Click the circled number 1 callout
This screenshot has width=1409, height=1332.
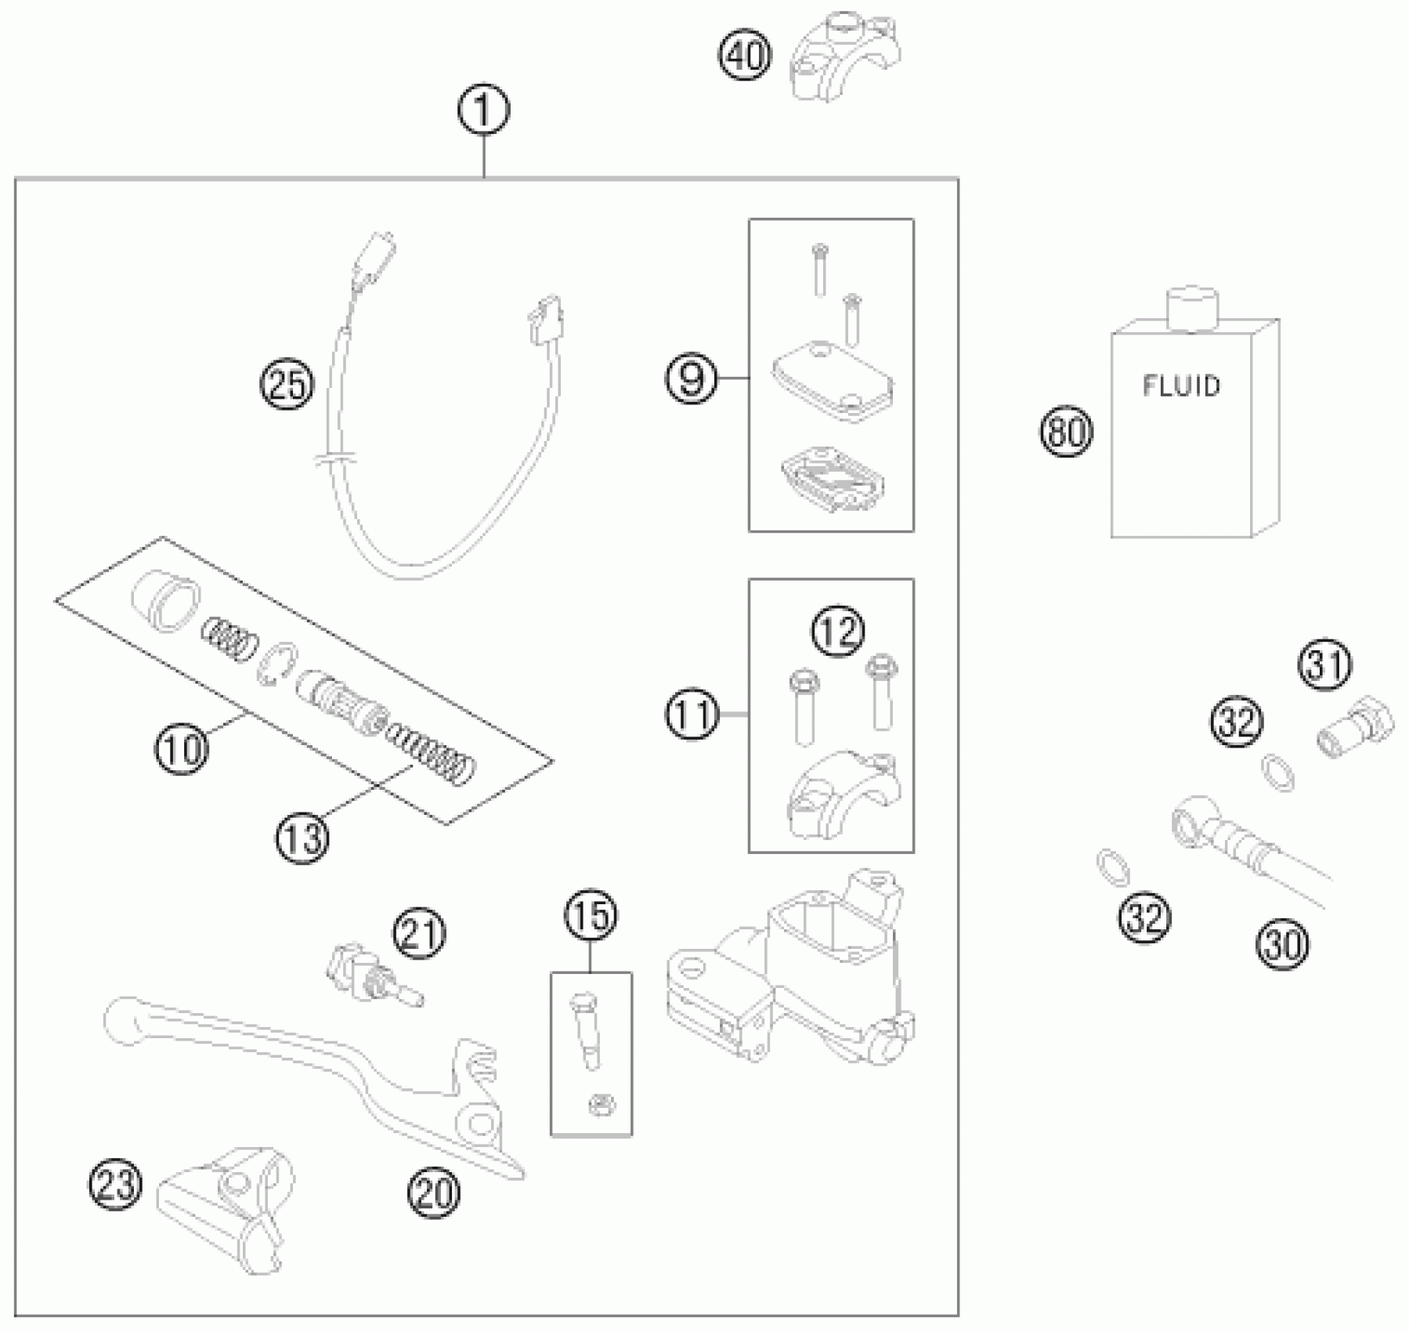click(x=484, y=110)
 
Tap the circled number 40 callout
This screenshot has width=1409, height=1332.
click(x=746, y=56)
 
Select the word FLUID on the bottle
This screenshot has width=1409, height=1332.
click(x=1181, y=385)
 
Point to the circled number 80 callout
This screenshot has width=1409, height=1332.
click(x=1065, y=432)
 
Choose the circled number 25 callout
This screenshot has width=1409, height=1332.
click(x=287, y=385)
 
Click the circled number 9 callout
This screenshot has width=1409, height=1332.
click(x=692, y=379)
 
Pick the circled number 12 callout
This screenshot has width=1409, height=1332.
click(x=837, y=630)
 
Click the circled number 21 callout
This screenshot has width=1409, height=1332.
click(x=420, y=932)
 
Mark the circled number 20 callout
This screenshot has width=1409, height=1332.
click(x=434, y=1193)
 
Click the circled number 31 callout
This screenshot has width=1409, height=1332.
click(x=1327, y=666)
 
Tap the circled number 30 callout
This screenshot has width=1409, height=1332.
click(x=1283, y=946)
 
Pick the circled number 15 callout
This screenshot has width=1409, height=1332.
click(x=591, y=914)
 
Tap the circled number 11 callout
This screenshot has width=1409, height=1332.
click(x=692, y=715)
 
